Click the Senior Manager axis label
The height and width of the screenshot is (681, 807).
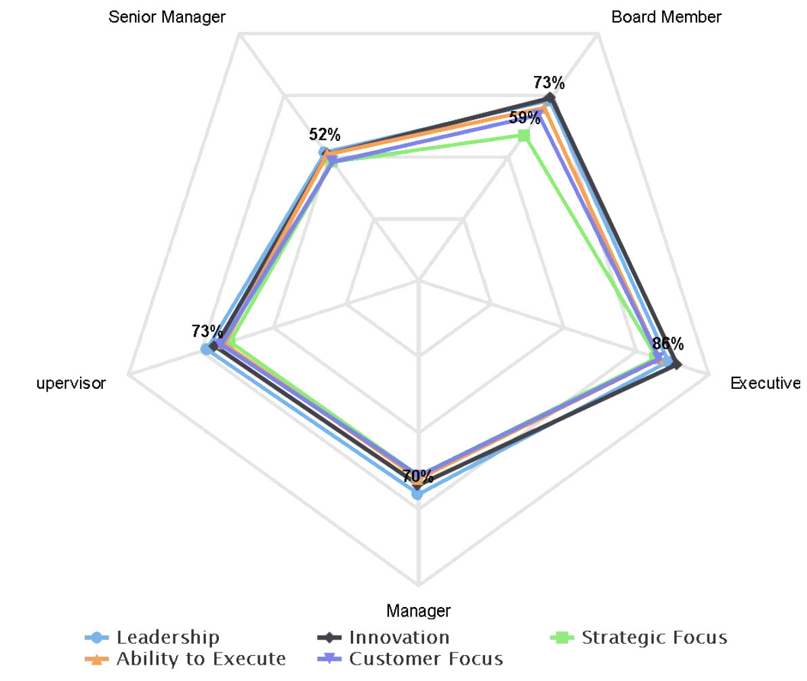pyautogui.click(x=167, y=18)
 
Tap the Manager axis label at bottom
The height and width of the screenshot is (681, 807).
pyautogui.click(x=418, y=610)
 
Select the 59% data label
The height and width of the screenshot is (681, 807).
pyautogui.click(x=525, y=117)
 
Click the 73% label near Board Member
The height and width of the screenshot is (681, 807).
pyautogui.click(x=548, y=83)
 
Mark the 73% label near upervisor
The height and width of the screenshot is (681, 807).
pyautogui.click(x=207, y=331)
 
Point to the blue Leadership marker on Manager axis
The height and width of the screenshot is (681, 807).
pyautogui.click(x=418, y=495)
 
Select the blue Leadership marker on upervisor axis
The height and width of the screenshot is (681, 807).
pyautogui.click(x=205, y=350)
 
